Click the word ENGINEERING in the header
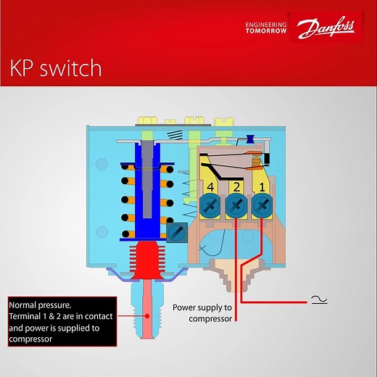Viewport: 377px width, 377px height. click(267, 25)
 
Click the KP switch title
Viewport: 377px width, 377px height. click(55, 69)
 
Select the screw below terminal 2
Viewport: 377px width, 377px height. click(236, 207)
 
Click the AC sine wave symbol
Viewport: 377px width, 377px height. click(317, 299)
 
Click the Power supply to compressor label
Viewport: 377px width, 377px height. click(203, 312)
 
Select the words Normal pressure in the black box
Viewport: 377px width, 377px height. click(36, 304)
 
